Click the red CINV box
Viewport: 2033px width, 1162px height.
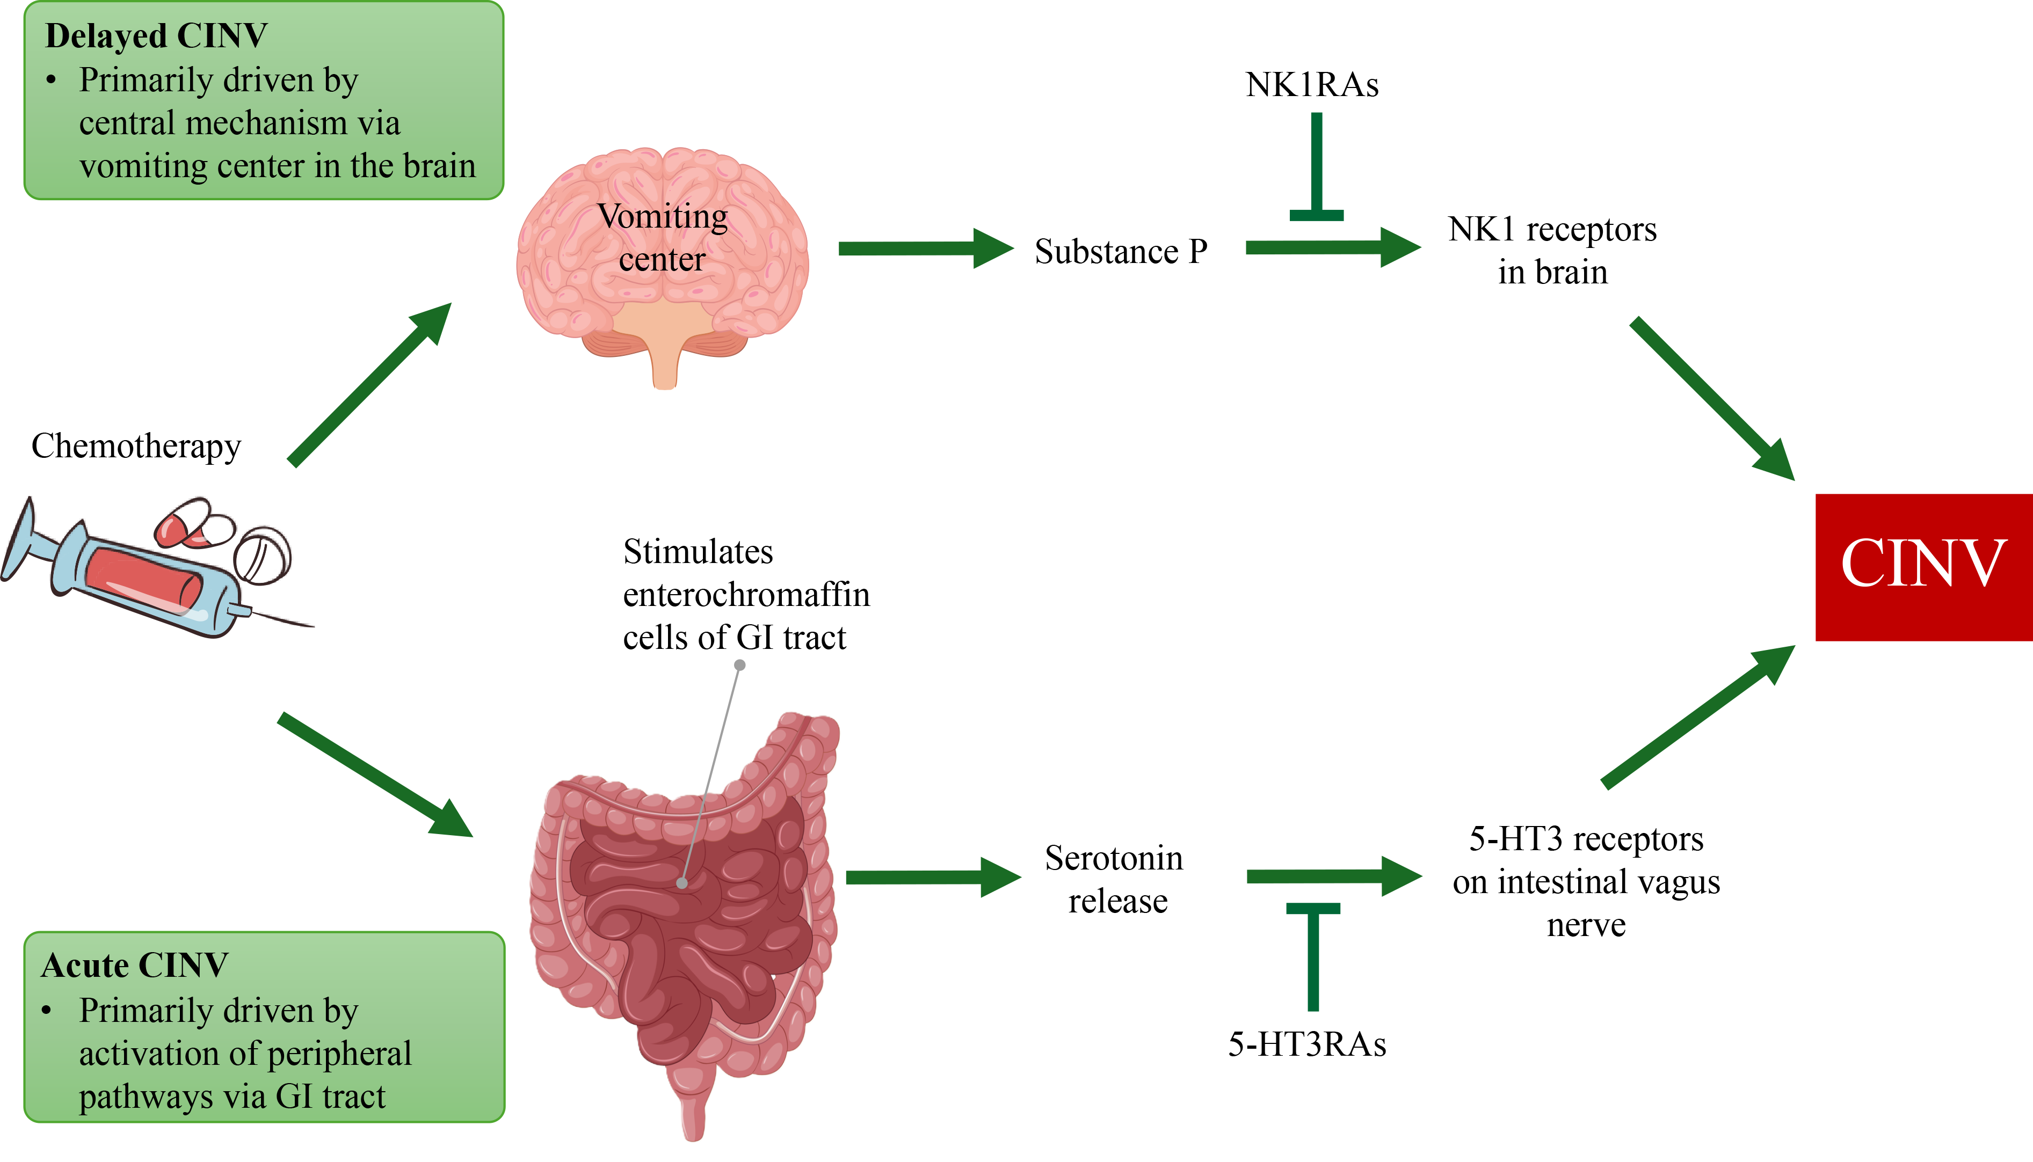1923,567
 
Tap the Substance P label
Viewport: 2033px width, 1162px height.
1121,251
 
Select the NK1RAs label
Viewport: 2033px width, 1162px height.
1311,85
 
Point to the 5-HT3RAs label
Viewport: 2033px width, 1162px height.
1306,1044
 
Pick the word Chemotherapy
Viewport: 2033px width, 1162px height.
136,445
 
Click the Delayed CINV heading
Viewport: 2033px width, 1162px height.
156,36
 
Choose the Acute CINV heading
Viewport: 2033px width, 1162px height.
134,966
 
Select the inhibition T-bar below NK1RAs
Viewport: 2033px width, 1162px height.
1316,167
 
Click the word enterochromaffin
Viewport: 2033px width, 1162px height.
746,595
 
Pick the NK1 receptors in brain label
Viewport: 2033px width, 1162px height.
1552,251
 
